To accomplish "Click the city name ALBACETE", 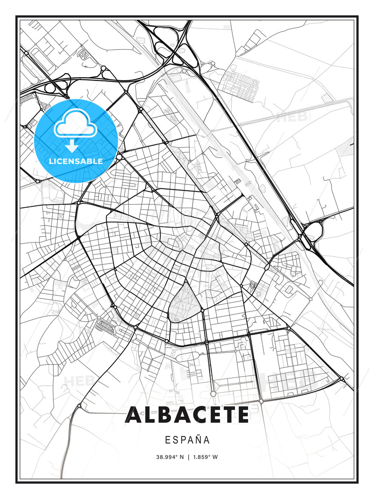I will [x=187, y=415].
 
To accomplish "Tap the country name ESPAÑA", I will [x=187, y=440].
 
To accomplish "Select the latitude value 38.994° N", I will [x=170, y=457].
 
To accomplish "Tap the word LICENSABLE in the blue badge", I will [x=76, y=161].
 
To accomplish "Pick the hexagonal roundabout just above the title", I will [x=213, y=393].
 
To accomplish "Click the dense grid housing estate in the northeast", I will [x=240, y=83].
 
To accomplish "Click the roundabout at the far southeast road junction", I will [x=341, y=379].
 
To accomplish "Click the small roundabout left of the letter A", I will [x=80, y=405].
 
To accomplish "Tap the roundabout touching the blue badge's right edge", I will [x=119, y=157].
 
